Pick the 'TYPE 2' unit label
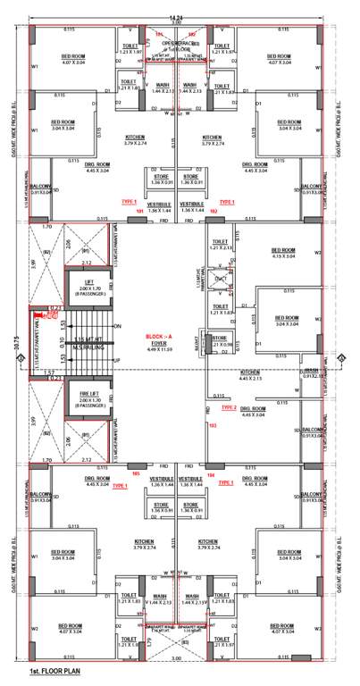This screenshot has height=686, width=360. pyautogui.click(x=228, y=407)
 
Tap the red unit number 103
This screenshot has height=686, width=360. pyautogui.click(x=213, y=426)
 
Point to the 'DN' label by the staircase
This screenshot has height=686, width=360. pyautogui.click(x=117, y=327)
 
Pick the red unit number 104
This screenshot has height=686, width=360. pyautogui.click(x=212, y=474)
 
